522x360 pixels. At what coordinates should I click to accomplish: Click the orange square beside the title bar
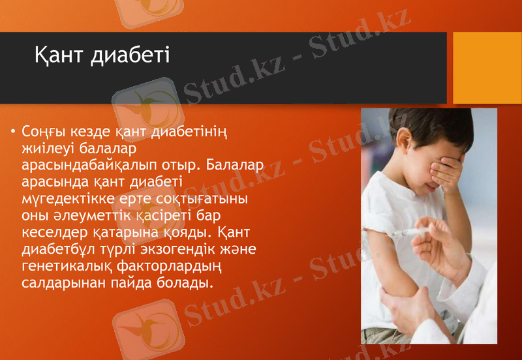pos(487,68)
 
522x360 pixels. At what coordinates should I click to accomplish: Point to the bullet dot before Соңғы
pos(12,132)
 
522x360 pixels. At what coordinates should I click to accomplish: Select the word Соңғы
pos(42,132)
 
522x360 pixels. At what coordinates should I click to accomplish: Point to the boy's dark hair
pos(418,127)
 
